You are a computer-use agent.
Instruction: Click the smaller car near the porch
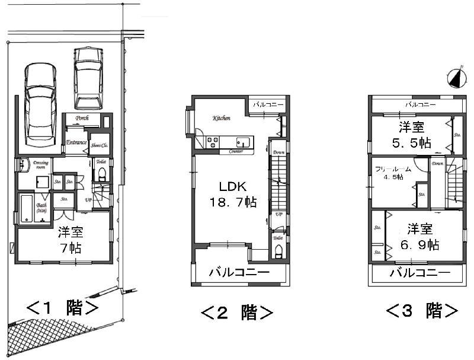click(x=88, y=76)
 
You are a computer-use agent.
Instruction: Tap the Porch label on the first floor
click(x=82, y=118)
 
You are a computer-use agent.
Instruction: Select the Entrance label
click(x=76, y=142)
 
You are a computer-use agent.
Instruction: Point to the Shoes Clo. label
click(x=99, y=145)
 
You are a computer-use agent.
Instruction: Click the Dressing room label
click(x=41, y=164)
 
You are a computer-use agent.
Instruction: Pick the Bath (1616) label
click(x=41, y=206)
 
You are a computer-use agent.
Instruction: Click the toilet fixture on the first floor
click(x=101, y=174)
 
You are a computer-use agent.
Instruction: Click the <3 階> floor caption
click(x=422, y=310)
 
